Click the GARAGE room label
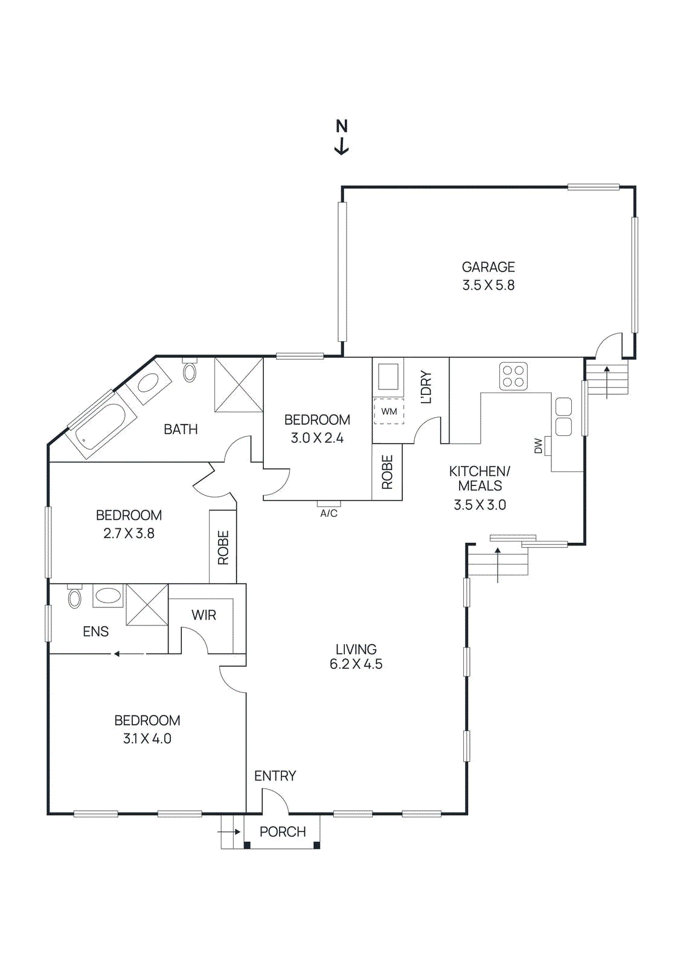(488, 267)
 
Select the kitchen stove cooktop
(513, 376)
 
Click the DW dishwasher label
(538, 446)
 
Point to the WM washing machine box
(389, 411)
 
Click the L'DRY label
(426, 387)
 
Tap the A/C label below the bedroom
(329, 513)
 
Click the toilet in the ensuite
(74, 598)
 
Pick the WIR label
(204, 615)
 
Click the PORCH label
(283, 832)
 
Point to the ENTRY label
(275, 776)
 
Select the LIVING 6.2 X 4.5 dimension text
(356, 664)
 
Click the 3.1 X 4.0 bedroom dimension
(147, 738)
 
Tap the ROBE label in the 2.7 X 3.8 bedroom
(223, 548)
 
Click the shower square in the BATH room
(239, 385)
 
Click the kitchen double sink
(563, 417)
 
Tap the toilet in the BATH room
(190, 371)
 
